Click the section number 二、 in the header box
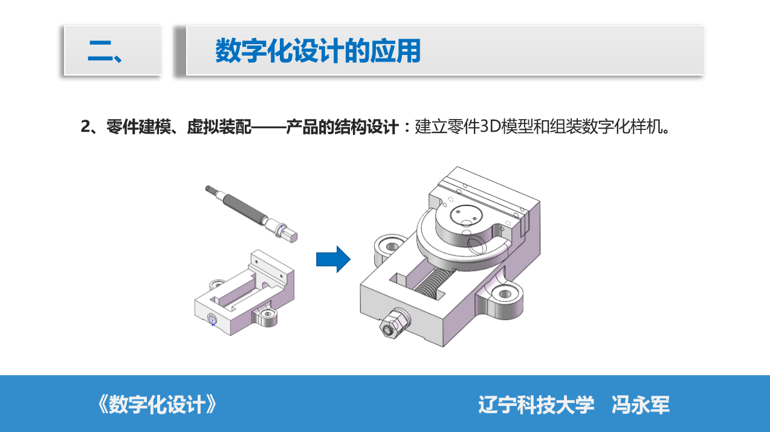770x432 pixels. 105,51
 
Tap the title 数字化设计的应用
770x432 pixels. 318,51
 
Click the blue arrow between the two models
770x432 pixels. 333,259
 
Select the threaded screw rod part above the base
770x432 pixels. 251,214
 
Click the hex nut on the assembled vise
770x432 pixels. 395,323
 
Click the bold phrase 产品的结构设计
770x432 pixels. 342,127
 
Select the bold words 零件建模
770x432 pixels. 138,127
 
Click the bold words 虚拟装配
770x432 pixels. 219,127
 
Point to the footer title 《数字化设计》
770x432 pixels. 157,404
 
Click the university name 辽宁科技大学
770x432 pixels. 536,405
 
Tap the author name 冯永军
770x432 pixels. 641,405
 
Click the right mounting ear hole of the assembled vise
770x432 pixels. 505,294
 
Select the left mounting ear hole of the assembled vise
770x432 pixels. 392,247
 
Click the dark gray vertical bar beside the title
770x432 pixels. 180,51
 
